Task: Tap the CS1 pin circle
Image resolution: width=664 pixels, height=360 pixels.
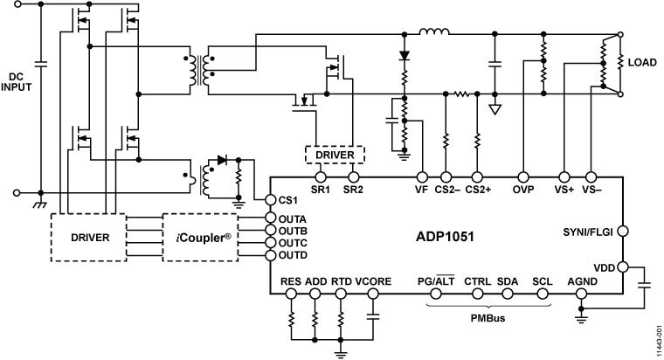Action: [270, 201]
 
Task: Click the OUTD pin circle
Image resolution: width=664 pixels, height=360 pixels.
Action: [270, 254]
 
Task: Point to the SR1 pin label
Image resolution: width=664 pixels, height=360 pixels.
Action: [320, 189]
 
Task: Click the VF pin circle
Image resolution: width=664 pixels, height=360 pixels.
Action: [422, 176]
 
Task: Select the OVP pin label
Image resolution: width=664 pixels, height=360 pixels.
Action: [525, 189]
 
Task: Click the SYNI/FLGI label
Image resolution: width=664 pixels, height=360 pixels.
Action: [589, 232]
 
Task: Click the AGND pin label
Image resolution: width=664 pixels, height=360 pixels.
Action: [582, 281]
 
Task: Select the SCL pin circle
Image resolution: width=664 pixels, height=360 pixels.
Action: [543, 294]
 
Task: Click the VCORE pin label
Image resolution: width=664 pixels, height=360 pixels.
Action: [374, 281]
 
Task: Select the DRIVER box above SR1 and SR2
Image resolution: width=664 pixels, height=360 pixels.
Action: [335, 154]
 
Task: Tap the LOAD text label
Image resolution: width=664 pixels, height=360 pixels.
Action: [642, 62]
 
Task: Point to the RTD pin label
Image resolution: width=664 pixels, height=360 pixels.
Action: [342, 281]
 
